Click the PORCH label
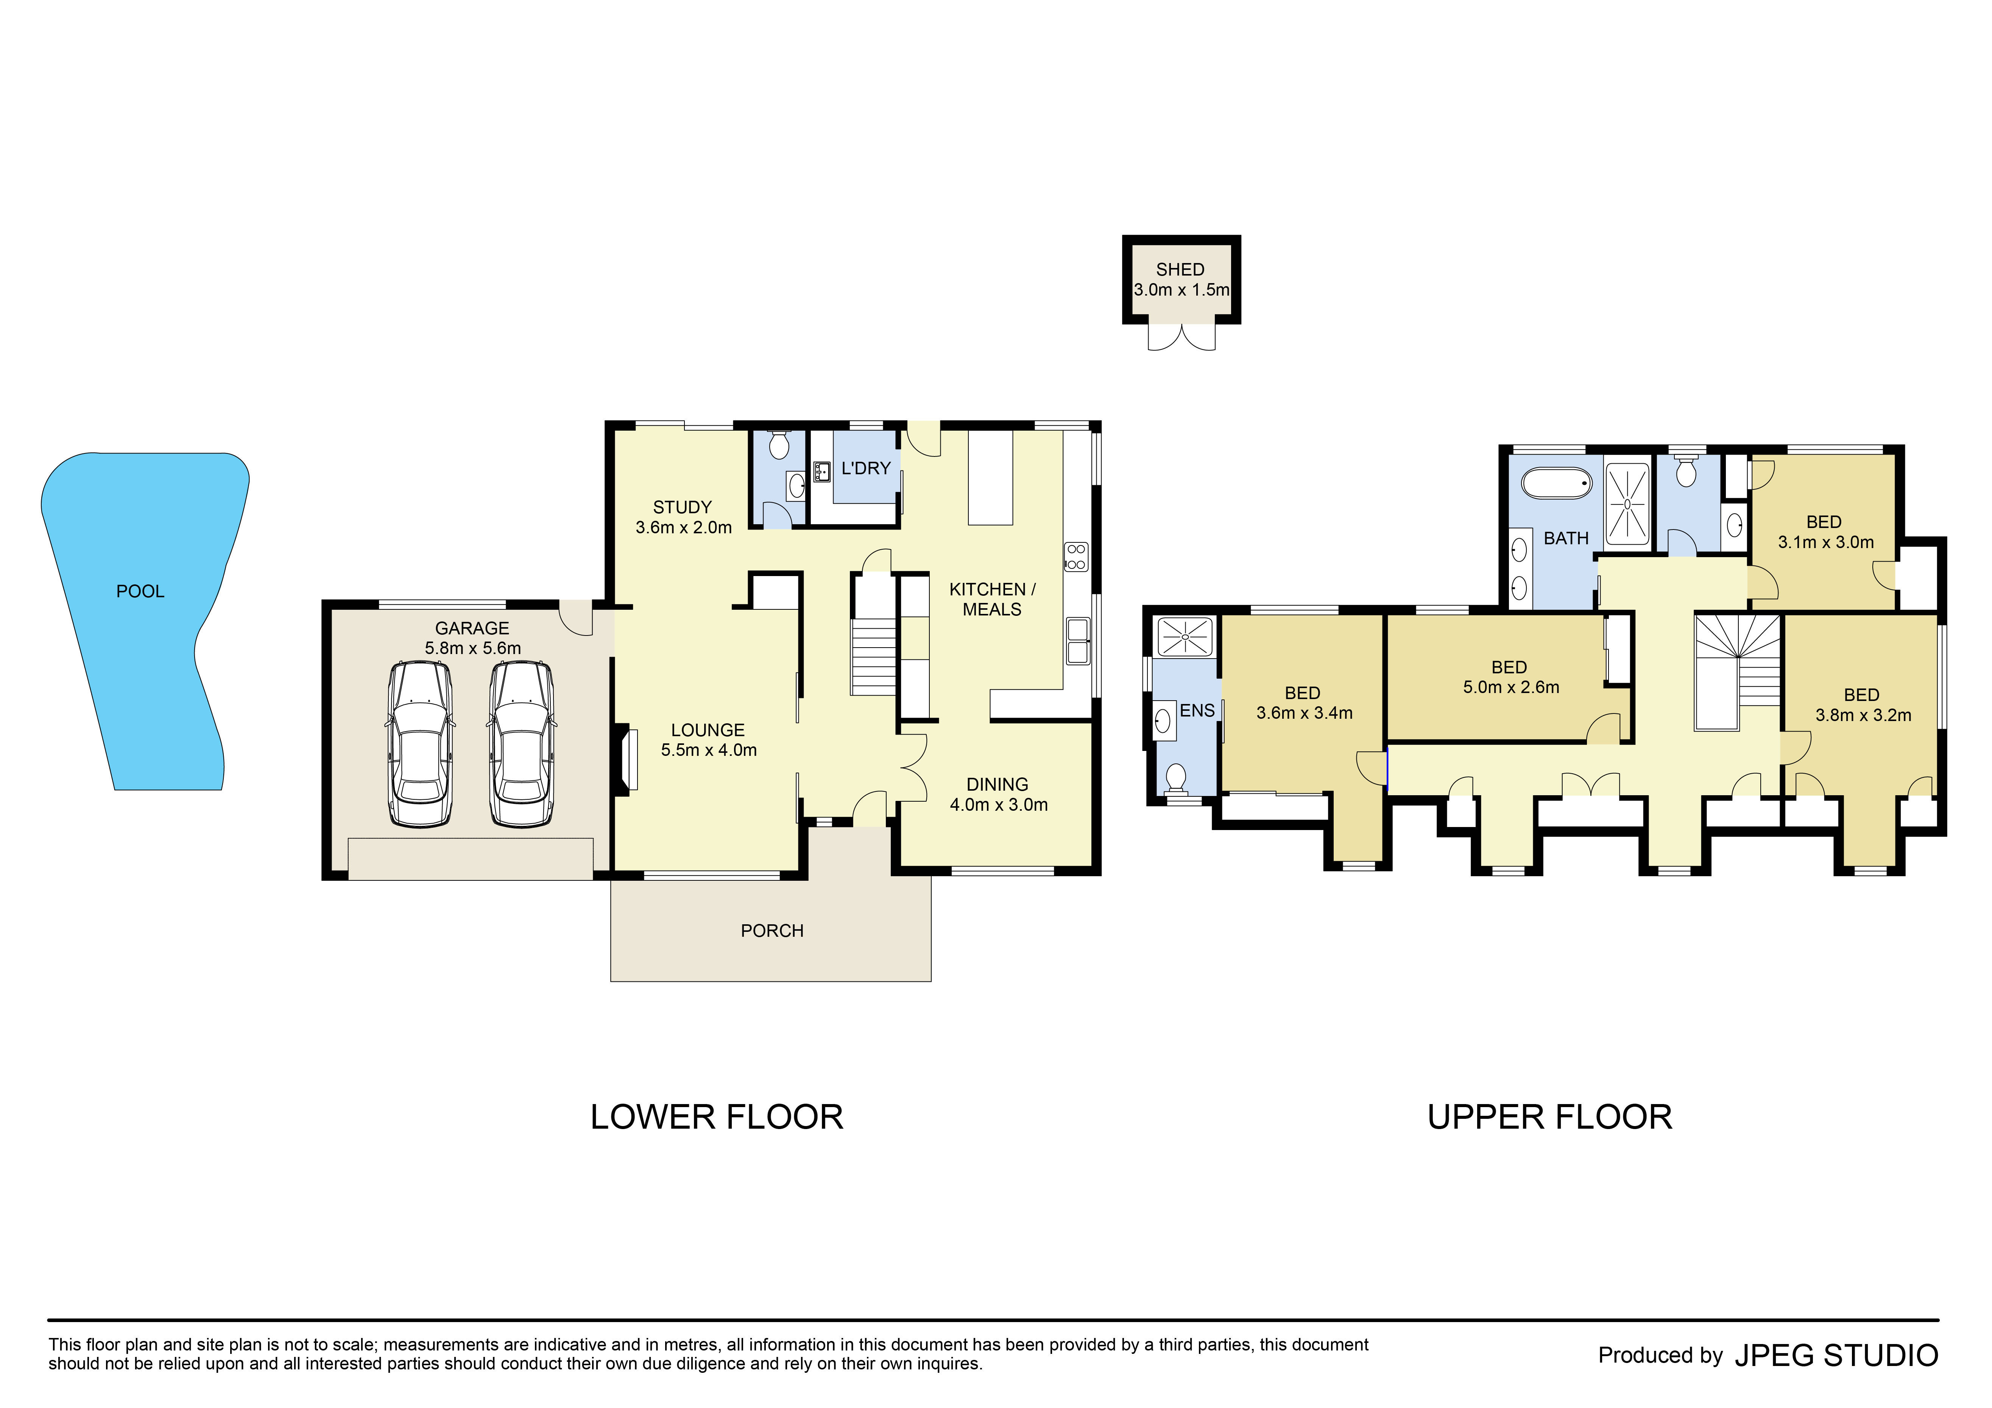tap(771, 931)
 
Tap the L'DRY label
tap(866, 469)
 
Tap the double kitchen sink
tap(1077, 641)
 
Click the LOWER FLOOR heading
tap(717, 1117)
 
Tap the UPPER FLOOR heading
tap(1549, 1117)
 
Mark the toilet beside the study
tap(779, 446)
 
